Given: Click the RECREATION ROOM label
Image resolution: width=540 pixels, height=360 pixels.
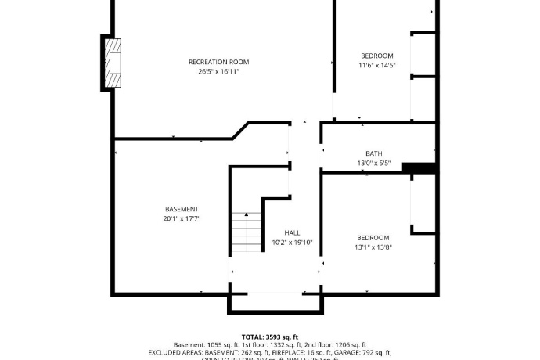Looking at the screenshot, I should (x=218, y=62).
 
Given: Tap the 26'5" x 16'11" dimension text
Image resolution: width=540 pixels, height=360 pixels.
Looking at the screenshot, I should (x=218, y=71).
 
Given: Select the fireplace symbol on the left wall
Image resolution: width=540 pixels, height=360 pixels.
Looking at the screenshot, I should (x=113, y=61).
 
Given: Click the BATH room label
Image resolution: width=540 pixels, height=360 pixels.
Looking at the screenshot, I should (x=374, y=153).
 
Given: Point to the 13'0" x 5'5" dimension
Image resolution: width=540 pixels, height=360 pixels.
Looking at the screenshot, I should (x=374, y=164).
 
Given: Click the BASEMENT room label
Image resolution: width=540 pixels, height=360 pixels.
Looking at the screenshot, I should (x=182, y=209).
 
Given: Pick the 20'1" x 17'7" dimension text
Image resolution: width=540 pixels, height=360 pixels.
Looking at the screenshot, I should (x=182, y=219).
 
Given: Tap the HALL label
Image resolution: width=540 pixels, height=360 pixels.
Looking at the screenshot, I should (x=292, y=233).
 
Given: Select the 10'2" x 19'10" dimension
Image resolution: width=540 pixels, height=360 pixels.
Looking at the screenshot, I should (x=292, y=243).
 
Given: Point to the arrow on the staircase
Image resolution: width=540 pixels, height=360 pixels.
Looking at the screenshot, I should (x=246, y=214).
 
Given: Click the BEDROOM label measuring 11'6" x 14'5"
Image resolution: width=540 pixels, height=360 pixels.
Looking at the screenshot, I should (x=376, y=56).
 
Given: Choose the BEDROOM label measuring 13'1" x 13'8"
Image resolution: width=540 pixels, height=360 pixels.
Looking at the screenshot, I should (x=373, y=237).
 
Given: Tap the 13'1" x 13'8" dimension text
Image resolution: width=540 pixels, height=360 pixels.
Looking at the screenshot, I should (x=373, y=247).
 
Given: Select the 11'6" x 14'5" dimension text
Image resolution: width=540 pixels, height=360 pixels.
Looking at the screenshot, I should (x=376, y=66).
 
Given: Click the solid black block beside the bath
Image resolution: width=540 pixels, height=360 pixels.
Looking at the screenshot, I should (x=418, y=167).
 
